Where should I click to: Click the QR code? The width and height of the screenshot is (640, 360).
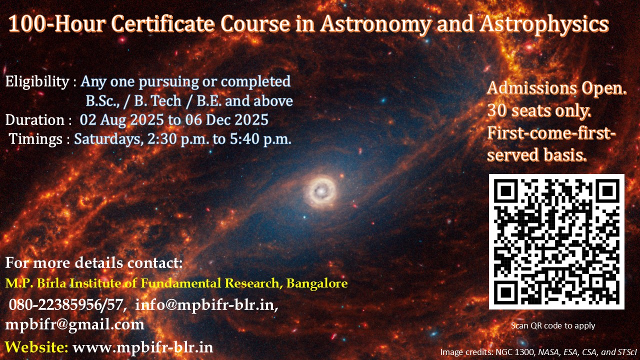pyautogui.click(x=556, y=241)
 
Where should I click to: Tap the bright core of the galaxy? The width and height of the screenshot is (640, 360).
pyautogui.click(x=321, y=190)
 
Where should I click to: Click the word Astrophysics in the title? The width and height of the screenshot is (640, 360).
pyautogui.click(x=544, y=24)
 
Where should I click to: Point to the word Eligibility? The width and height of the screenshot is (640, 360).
pyautogui.click(x=37, y=82)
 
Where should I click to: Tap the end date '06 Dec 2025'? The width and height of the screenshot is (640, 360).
pyautogui.click(x=227, y=119)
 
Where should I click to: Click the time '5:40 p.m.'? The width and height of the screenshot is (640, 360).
pyautogui.click(x=260, y=139)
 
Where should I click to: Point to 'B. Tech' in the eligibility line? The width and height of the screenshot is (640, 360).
pyautogui.click(x=157, y=101)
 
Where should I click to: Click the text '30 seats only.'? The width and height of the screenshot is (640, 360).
pyautogui.click(x=539, y=110)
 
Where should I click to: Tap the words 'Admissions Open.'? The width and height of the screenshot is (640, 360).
pyautogui.click(x=557, y=88)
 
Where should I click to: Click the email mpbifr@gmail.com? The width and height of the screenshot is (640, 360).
pyautogui.click(x=75, y=325)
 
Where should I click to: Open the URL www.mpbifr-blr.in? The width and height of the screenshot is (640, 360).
pyautogui.click(x=143, y=347)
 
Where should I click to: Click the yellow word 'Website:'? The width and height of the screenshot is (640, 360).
pyautogui.click(x=37, y=347)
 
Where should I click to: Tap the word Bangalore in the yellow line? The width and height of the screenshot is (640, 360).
pyautogui.click(x=317, y=283)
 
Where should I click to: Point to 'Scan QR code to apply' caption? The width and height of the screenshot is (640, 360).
pyautogui.click(x=553, y=325)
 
